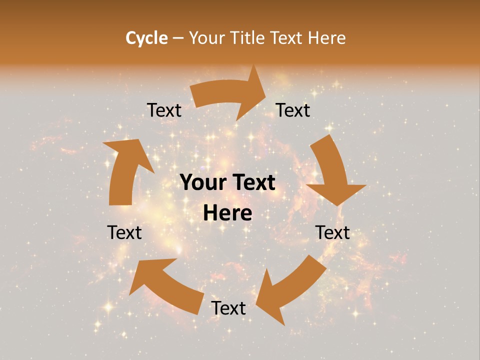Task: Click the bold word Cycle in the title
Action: [146, 38]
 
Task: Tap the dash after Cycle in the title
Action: [178, 38]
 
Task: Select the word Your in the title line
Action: [205, 38]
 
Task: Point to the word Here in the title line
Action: [326, 38]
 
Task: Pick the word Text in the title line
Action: [286, 38]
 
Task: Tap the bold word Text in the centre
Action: [252, 183]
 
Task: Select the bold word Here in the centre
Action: [227, 213]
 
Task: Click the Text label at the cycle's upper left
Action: [164, 110]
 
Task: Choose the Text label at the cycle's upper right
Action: [293, 110]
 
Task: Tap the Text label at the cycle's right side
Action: [332, 233]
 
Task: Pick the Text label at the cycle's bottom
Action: [228, 308]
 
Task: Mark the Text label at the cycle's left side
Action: [124, 233]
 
